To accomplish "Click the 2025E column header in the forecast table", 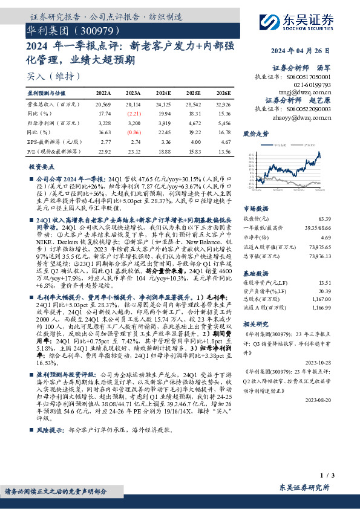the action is tap(194, 94).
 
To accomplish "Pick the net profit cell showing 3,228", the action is tap(104, 122).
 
